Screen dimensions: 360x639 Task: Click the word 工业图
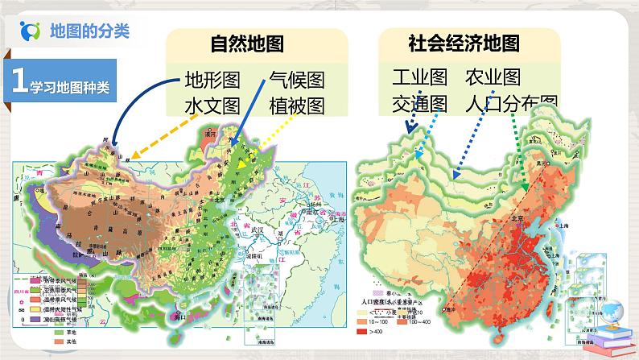pyautogui.click(x=419, y=77)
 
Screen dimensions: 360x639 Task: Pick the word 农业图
pyautogui.click(x=493, y=77)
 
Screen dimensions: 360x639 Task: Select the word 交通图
pyautogui.click(x=419, y=103)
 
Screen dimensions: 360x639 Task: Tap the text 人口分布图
pyautogui.click(x=510, y=103)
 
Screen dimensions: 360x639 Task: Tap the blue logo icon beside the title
pyautogui.click(x=31, y=31)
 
